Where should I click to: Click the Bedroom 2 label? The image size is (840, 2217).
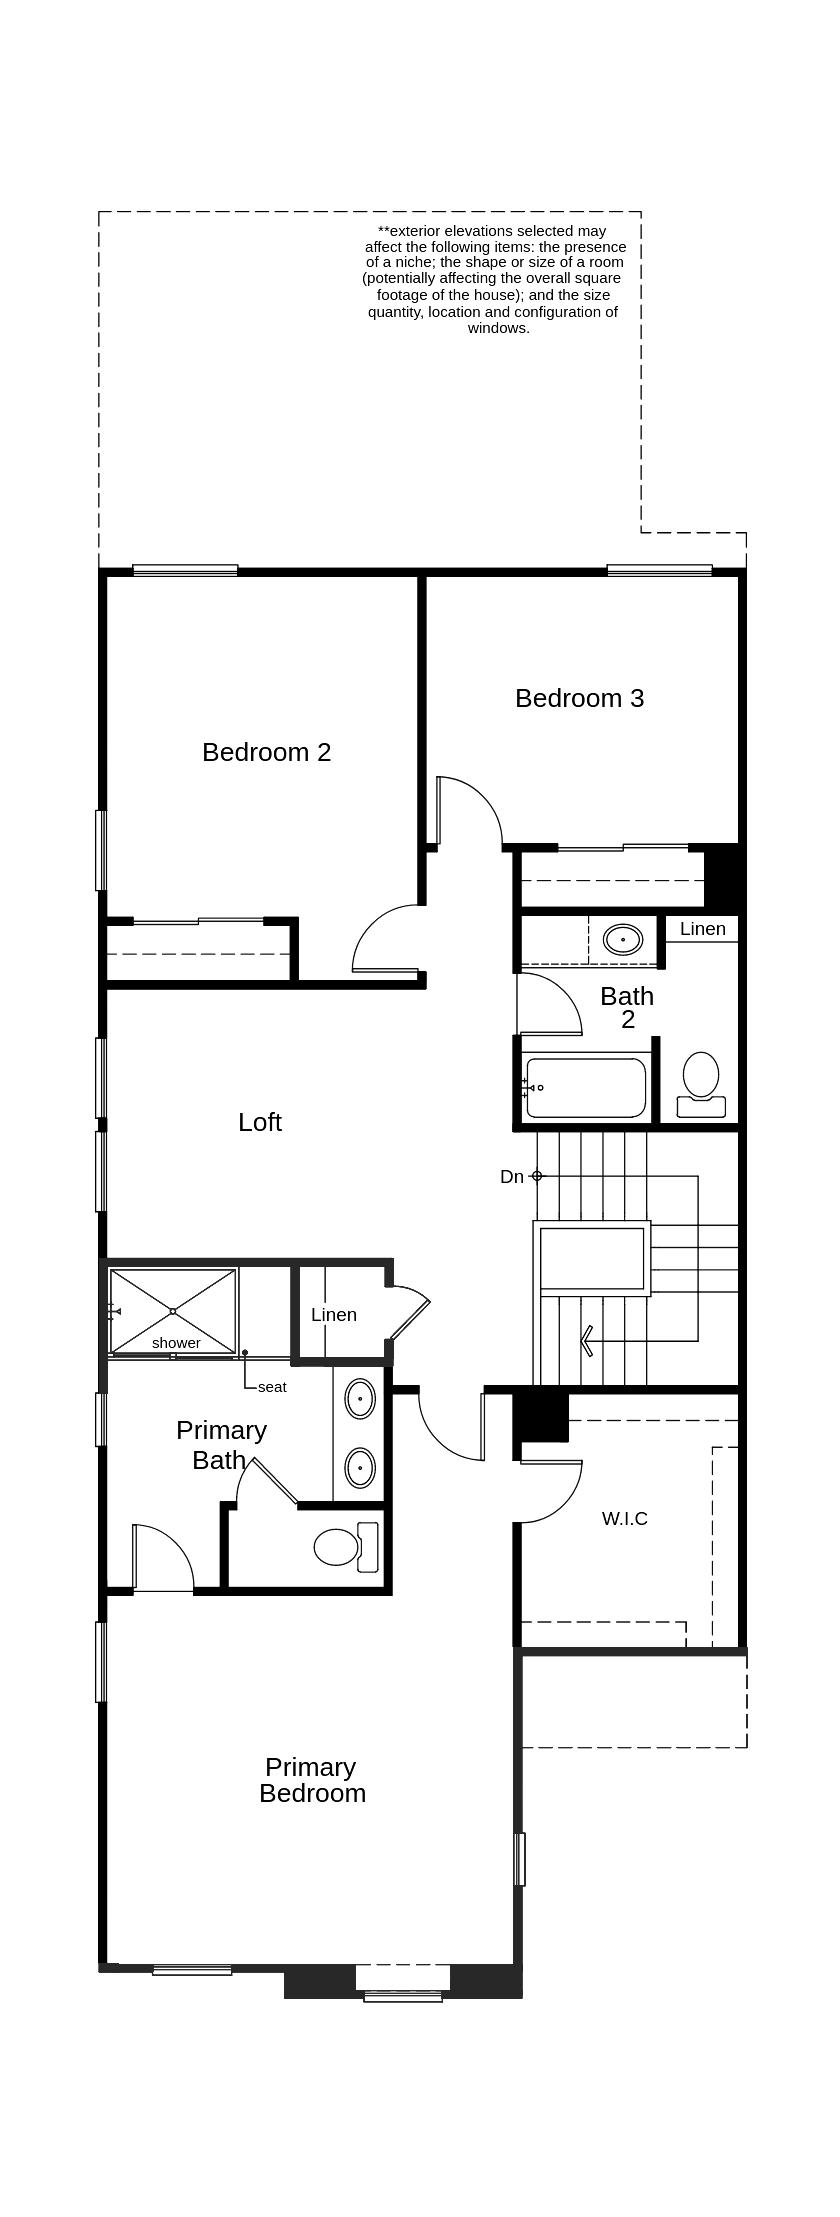click(266, 752)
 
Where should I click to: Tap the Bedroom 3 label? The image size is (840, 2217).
click(579, 698)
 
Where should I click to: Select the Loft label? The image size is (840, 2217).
click(260, 1122)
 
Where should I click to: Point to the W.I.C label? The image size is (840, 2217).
click(625, 1518)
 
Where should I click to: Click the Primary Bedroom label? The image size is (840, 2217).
click(312, 1780)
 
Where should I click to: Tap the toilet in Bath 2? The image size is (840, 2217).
click(701, 1084)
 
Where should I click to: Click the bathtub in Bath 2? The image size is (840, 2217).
click(586, 1087)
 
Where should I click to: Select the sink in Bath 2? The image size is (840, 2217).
click(623, 940)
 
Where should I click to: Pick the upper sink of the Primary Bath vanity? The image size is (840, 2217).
click(360, 1398)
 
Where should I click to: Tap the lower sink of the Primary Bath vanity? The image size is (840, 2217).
click(360, 1468)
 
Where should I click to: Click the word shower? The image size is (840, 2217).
click(176, 1343)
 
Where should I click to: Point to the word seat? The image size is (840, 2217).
click(272, 1387)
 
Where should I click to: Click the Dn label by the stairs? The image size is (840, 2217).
click(512, 1177)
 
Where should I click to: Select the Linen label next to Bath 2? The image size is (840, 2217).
click(703, 929)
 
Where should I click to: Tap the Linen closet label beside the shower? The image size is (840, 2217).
click(334, 1315)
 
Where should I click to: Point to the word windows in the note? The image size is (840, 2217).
click(498, 328)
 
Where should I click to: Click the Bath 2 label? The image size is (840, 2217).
click(627, 1007)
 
